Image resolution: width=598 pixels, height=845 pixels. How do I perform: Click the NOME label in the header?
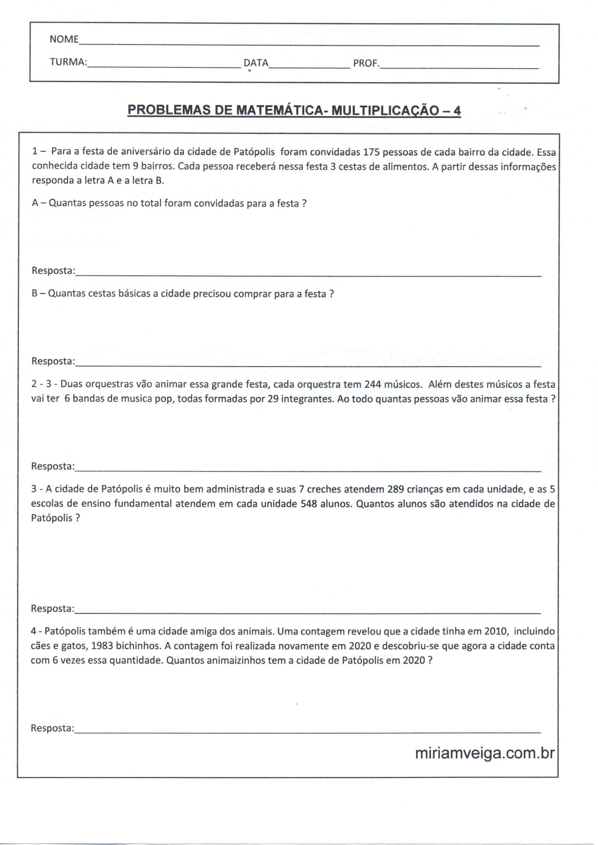(x=64, y=39)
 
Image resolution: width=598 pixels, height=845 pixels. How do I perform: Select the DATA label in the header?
(x=256, y=63)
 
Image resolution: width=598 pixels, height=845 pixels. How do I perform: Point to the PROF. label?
(x=366, y=63)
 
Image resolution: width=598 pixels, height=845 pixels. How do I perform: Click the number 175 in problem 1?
(x=371, y=152)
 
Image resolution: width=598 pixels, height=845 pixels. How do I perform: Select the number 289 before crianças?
(x=396, y=489)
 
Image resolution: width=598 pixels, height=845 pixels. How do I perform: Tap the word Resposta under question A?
(x=53, y=271)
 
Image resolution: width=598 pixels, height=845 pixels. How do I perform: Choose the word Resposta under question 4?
(x=52, y=728)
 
